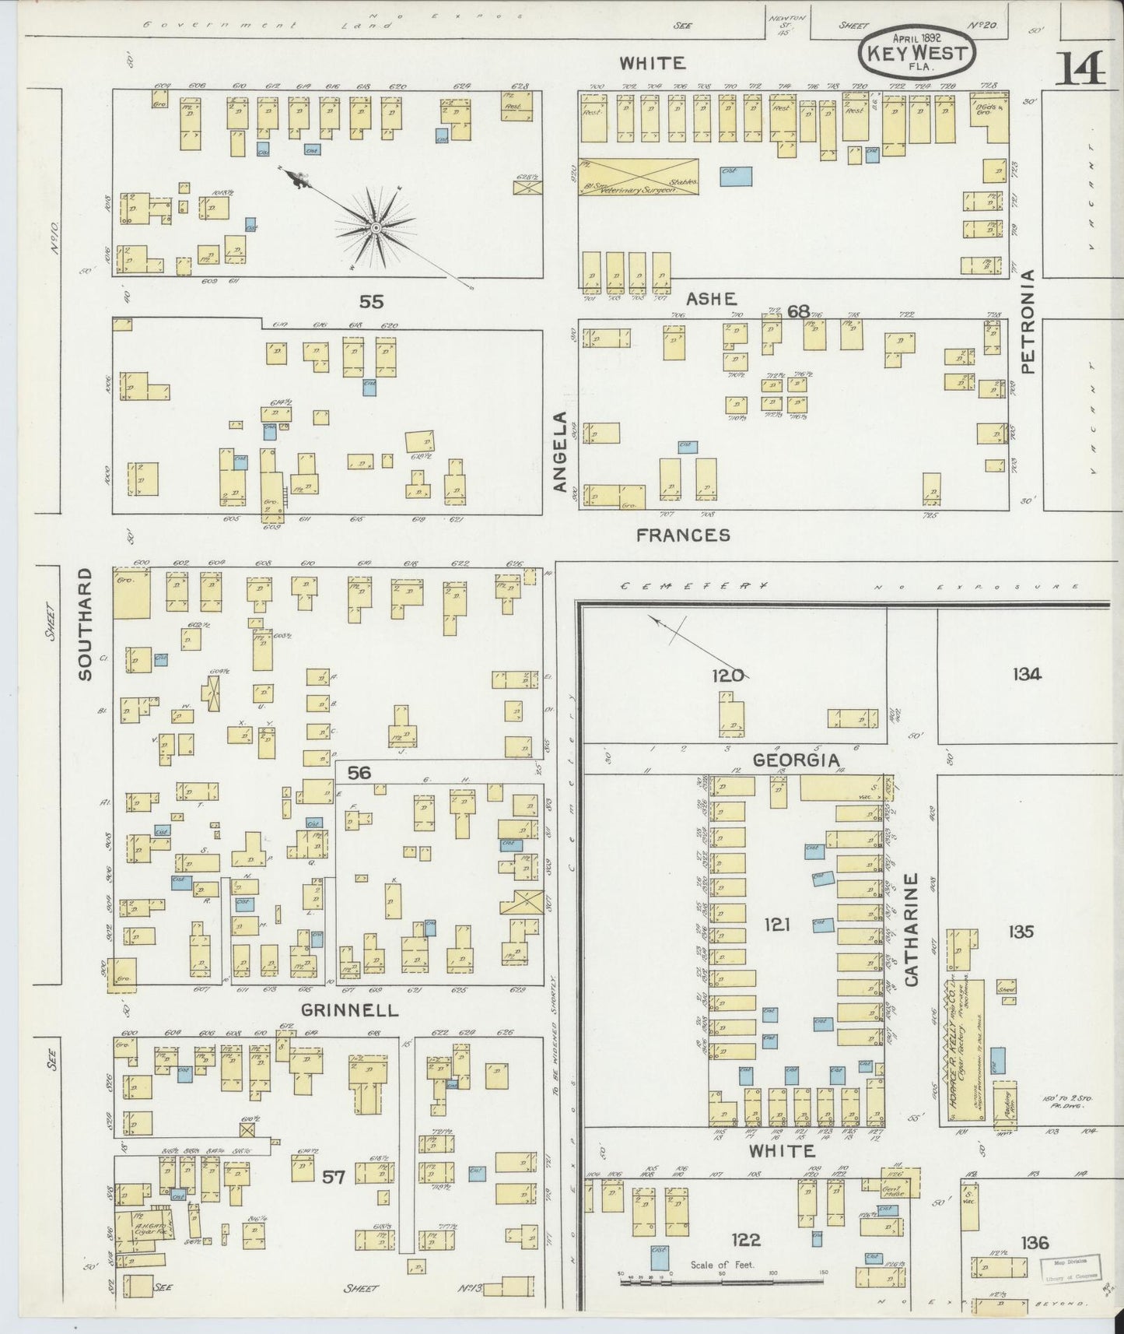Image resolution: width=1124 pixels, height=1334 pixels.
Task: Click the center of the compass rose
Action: tap(376, 228)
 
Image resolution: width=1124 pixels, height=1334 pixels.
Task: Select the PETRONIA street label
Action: tap(1028, 321)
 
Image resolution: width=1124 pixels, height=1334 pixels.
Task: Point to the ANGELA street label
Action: tap(561, 451)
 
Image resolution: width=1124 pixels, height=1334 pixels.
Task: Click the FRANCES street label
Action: tap(683, 535)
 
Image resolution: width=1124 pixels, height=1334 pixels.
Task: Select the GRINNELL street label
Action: tap(349, 1010)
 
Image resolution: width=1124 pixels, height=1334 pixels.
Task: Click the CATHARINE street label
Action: tap(912, 929)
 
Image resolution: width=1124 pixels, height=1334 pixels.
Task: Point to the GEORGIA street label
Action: tap(796, 760)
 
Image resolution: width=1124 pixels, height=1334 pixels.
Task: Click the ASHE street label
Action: tap(711, 298)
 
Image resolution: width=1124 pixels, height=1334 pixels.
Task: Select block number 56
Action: tap(359, 772)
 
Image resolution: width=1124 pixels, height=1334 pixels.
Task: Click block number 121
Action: tap(776, 924)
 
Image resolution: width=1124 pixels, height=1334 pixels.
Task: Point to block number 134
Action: tap(1027, 674)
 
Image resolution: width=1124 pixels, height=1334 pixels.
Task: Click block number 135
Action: tap(1021, 931)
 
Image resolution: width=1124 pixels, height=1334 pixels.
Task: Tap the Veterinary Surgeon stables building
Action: tap(638, 177)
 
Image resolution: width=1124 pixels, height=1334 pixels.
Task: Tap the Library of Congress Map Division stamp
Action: tap(1070, 1266)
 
